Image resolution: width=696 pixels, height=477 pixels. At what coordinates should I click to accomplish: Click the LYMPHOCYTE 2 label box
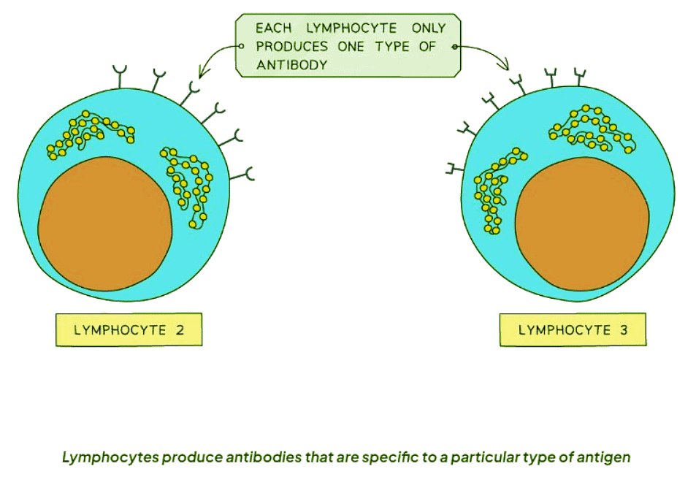click(x=128, y=329)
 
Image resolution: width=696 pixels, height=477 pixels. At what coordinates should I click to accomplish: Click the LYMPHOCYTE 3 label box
click(x=573, y=329)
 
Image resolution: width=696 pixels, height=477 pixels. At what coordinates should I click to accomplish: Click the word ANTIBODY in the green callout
click(x=291, y=64)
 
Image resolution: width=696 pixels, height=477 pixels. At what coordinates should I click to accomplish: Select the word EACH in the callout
click(x=273, y=28)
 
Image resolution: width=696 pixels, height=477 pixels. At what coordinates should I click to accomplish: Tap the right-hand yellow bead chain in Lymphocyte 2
click(x=188, y=186)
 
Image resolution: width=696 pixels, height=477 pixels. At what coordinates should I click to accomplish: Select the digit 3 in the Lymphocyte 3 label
click(x=623, y=329)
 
